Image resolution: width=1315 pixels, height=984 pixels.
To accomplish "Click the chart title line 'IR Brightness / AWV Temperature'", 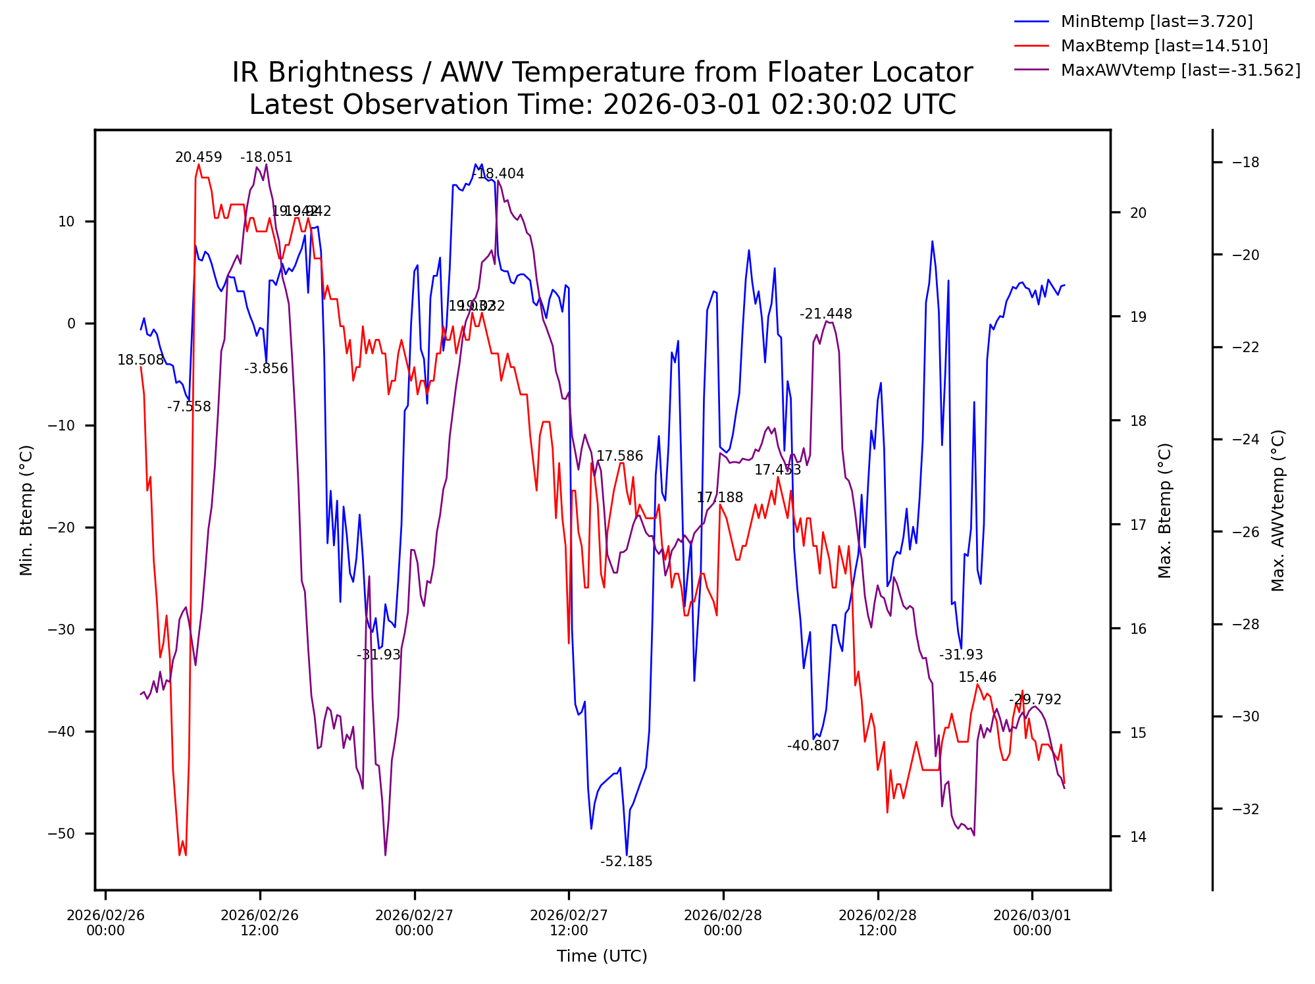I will [x=602, y=72].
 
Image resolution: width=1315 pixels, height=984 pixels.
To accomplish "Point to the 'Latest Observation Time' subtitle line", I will [x=602, y=105].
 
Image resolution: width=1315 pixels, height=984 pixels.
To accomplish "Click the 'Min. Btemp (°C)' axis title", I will [x=26, y=510].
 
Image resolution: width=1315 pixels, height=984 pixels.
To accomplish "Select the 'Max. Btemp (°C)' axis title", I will [x=1165, y=510].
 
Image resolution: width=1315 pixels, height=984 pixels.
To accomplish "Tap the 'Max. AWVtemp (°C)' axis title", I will [x=1278, y=510].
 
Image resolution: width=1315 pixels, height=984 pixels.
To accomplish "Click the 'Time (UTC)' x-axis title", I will [x=602, y=956].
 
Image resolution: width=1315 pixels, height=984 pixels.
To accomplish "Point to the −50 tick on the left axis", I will [x=61, y=834].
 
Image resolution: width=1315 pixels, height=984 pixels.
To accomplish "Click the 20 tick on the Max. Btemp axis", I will [x=1138, y=213].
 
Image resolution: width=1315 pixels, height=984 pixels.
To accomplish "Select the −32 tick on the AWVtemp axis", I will [x=1245, y=809].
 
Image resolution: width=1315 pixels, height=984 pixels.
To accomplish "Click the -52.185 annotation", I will [x=626, y=862].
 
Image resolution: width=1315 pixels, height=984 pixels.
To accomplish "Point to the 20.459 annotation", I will [x=198, y=158].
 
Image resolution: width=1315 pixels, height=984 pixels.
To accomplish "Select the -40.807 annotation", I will [x=813, y=746].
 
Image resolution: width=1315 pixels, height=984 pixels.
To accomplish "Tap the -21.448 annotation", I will [x=825, y=315].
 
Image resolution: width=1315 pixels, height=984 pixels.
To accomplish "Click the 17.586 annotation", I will [x=619, y=456].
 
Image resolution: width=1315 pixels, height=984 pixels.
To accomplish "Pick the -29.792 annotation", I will [x=1035, y=700].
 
